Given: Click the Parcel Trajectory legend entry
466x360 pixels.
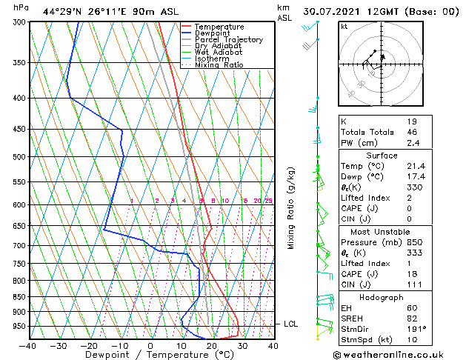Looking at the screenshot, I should (228, 39).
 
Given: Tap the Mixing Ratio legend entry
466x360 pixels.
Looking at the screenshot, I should (219, 65).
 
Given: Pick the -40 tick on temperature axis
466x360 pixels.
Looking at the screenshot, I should (28, 345).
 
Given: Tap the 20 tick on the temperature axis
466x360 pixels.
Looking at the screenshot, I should (212, 345).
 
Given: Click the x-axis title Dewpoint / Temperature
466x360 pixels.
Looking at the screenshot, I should (150, 355).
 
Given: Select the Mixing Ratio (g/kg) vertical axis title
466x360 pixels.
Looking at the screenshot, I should (291, 207).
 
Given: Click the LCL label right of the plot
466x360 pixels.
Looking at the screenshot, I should (291, 324).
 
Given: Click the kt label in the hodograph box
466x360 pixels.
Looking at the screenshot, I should (344, 27).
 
